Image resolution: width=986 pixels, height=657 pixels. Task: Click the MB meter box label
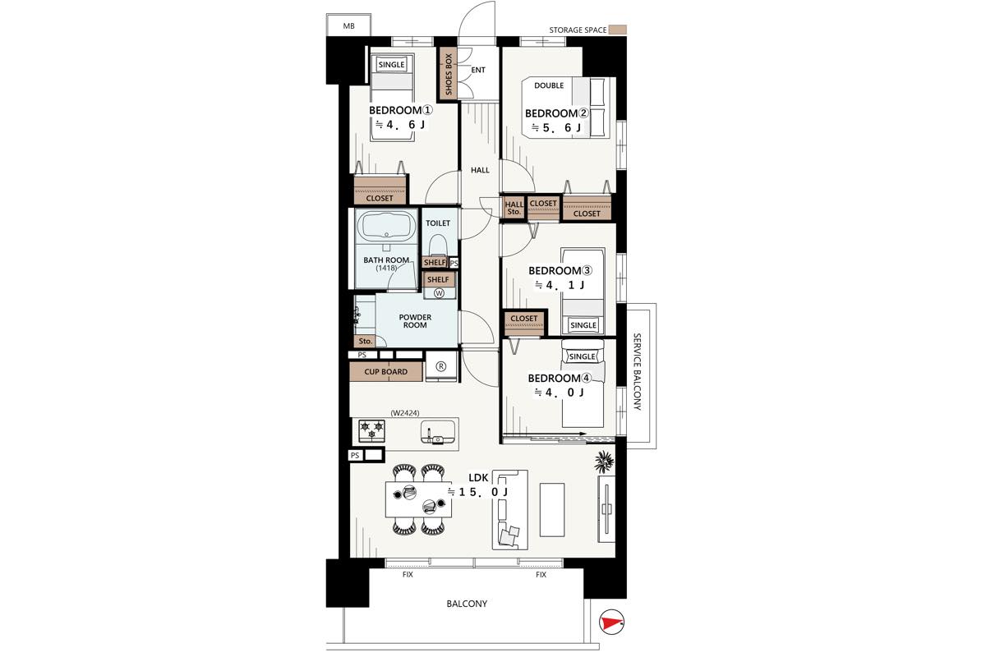click(348, 26)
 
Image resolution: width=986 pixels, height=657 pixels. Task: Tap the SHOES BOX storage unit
click(449, 74)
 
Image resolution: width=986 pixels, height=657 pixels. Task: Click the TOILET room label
click(437, 223)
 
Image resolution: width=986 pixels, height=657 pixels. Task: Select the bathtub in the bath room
click(386, 227)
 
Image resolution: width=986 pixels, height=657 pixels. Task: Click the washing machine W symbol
click(439, 293)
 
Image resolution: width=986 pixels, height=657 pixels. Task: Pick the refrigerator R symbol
click(441, 366)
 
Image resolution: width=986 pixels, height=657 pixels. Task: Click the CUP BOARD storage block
click(386, 372)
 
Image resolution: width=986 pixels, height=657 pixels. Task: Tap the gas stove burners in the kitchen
click(371, 431)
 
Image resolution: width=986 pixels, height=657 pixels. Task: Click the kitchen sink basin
click(437, 433)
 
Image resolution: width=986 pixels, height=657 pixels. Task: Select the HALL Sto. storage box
click(514, 208)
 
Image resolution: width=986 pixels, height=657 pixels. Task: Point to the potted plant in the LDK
click(604, 462)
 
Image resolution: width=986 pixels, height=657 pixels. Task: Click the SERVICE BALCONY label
click(637, 372)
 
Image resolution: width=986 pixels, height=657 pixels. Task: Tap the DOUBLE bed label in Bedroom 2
click(549, 85)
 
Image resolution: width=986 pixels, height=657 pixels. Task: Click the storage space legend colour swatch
click(617, 30)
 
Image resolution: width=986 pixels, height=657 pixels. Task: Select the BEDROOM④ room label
click(560, 378)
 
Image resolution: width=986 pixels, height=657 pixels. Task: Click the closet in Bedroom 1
click(380, 190)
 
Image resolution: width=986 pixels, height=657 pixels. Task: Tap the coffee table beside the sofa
click(552, 509)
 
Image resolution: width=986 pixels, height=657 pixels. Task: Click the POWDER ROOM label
click(415, 321)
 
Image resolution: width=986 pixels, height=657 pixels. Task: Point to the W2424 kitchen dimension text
click(405, 413)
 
